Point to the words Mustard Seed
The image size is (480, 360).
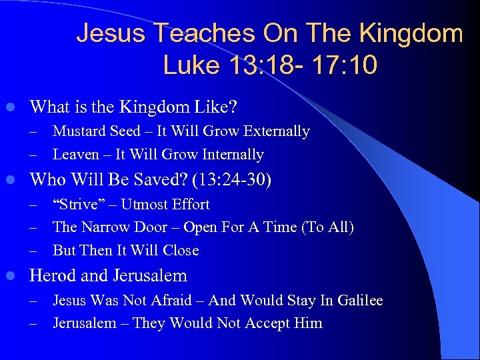click(97, 131)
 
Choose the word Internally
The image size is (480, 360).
click(231, 155)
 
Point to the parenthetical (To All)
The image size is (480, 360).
click(327, 227)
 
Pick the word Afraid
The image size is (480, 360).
click(171, 301)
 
